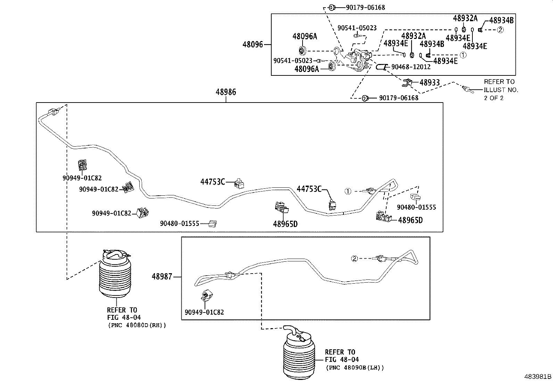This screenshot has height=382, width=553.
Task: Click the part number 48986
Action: [225, 92]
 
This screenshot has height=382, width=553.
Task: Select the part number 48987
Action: [162, 277]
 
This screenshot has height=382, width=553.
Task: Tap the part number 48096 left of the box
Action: [253, 44]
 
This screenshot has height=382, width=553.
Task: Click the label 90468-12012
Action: [411, 67]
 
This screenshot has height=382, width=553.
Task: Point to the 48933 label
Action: [429, 83]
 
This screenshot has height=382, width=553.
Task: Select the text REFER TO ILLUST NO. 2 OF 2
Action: [500, 90]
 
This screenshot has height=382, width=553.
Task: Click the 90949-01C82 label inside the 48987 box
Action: [204, 312]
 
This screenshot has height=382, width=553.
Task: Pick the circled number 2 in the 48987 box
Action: [354, 258]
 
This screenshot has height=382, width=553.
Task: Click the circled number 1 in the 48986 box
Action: [348, 191]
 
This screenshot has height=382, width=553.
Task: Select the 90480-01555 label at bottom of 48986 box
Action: [179, 223]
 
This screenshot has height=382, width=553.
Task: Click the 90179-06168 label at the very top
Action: [365, 7]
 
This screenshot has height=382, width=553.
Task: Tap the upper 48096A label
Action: [304, 36]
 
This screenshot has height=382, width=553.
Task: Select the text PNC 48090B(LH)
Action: [355, 367]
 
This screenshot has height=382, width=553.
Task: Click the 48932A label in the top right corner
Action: [465, 18]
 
